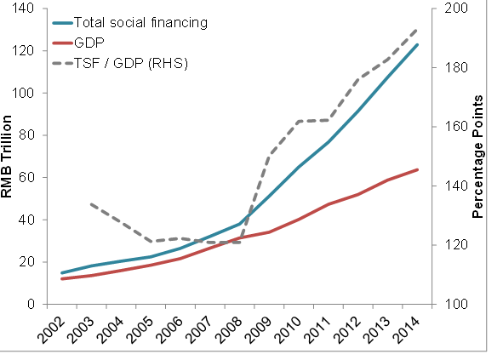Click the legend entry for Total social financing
(140, 22)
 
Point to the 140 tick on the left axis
(25, 9)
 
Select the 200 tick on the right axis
(449, 9)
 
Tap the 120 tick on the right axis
(449, 245)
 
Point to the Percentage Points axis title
(477, 157)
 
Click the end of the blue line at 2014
(417, 44)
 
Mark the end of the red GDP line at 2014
(417, 169)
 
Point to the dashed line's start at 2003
(91, 204)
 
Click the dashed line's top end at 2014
(417, 28)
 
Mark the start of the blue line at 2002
(62, 273)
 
